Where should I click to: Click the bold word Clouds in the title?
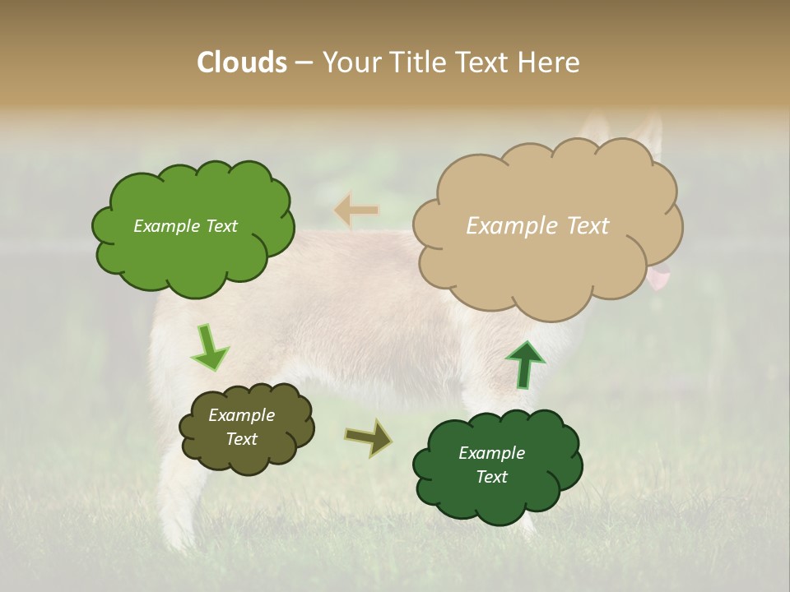(242, 62)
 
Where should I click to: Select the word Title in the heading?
(414, 62)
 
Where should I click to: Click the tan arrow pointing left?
(355, 210)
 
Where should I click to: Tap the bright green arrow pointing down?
(209, 348)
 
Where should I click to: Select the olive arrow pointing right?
(369, 437)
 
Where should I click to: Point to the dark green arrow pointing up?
(525, 364)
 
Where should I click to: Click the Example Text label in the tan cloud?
(537, 226)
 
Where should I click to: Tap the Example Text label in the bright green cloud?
(185, 226)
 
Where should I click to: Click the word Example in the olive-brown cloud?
(241, 415)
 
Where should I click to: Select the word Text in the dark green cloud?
(491, 477)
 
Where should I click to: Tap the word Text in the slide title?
(485, 62)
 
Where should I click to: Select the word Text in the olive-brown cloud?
(241, 439)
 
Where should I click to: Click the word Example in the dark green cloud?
(491, 453)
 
